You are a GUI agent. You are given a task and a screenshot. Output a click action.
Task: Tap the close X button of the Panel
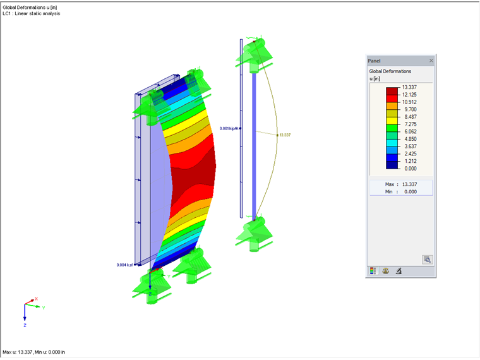point(431,61)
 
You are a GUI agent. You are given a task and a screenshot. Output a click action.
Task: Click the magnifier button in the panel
point(428,259)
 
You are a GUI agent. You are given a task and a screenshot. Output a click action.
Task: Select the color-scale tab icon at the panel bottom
point(373,271)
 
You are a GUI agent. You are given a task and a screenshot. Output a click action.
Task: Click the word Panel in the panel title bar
point(374,61)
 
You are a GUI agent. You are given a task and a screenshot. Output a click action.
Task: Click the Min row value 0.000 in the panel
point(410,191)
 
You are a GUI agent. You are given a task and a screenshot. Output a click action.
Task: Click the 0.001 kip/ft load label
point(229,128)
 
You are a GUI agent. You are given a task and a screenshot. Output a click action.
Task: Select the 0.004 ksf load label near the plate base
point(125,265)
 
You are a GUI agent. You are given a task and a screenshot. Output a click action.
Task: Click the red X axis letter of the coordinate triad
point(37,299)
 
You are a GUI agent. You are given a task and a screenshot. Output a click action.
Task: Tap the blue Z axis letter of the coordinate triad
point(25,325)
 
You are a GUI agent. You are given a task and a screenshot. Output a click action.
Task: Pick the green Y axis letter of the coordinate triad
point(44,308)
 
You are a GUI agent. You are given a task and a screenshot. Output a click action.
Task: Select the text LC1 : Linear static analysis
point(32,13)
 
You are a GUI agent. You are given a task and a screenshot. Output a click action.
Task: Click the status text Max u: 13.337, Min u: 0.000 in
point(34,352)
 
